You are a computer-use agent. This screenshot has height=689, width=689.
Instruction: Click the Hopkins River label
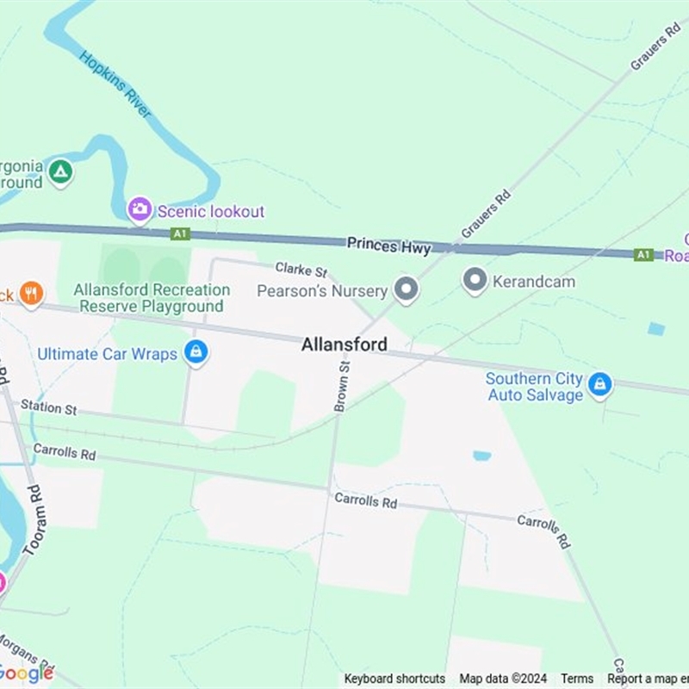pos(115,84)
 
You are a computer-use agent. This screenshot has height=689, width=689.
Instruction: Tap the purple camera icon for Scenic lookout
pos(140,209)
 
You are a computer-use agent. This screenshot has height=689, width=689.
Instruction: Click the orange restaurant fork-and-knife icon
pos(31,294)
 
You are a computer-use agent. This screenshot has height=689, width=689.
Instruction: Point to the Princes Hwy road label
pos(388,246)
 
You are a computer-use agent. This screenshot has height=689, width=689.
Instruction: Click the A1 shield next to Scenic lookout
pos(179,233)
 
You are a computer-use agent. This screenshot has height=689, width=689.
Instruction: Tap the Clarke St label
pos(301,270)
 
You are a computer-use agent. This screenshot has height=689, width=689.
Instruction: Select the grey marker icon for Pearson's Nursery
pos(406,289)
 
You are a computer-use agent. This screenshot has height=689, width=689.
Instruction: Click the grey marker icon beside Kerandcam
pos(475,281)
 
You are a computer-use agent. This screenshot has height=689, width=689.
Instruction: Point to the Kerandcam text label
pos(533,282)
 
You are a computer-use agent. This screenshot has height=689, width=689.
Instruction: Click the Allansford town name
pos(344,344)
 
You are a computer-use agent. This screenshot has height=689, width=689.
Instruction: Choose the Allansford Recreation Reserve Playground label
pos(152,298)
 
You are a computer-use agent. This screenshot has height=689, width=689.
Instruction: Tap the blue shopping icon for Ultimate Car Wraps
pos(196,353)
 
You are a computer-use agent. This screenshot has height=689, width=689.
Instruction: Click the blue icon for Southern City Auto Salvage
pos(600,386)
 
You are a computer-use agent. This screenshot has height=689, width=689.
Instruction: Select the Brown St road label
pos(342,386)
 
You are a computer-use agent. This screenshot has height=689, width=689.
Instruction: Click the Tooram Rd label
pos(34,519)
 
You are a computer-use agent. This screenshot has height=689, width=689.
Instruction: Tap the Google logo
pos(26,673)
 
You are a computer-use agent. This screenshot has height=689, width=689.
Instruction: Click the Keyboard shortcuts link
pos(394,679)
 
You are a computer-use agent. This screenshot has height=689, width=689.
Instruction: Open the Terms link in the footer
pos(577,679)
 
